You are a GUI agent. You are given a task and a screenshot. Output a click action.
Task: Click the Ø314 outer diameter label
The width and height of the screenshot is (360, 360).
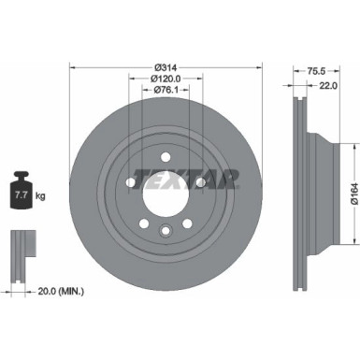166,66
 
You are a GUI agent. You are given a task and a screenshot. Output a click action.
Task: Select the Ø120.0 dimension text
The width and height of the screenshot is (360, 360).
166,79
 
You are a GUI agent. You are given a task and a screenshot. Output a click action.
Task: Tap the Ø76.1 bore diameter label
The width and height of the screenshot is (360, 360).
166,91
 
